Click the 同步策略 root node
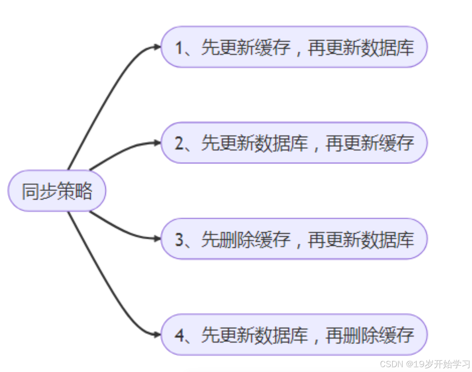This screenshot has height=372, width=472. point(57,191)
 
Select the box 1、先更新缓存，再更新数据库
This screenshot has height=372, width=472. point(294,47)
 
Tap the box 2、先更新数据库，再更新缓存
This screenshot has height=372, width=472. point(294,143)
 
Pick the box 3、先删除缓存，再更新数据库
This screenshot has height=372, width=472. point(294,239)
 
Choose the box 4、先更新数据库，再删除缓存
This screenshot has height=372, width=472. point(294,335)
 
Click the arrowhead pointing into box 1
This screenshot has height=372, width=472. point(157,47)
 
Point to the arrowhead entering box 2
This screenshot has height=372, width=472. point(157,143)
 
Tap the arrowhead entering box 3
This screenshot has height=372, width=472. point(157,238)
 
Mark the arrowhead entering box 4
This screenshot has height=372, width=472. point(157,334)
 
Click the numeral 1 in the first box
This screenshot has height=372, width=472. point(179,48)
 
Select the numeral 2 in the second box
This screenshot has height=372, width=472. point(179,144)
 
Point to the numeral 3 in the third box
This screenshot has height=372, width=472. point(179,240)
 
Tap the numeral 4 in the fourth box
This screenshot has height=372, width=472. point(179,335)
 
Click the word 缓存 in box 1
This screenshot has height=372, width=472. point(272,48)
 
